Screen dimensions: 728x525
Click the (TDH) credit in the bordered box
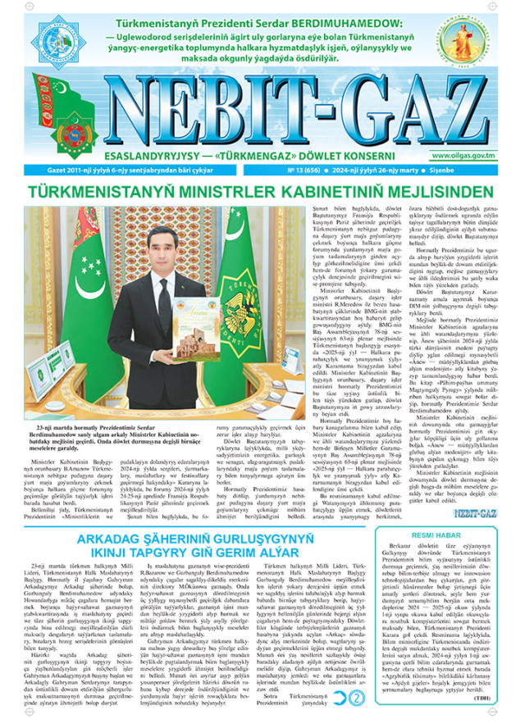(504, 709)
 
